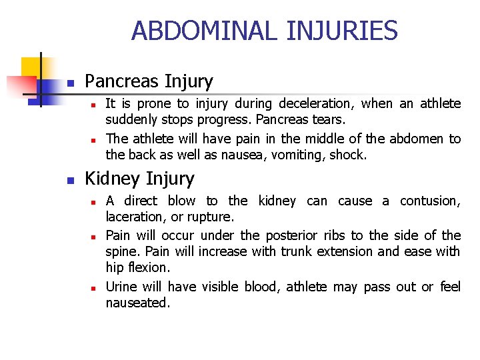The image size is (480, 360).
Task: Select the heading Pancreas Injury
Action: tap(149, 82)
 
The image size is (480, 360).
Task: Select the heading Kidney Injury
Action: tap(140, 179)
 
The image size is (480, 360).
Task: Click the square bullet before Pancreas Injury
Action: tap(70, 84)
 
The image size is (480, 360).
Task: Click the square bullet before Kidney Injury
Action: tap(70, 181)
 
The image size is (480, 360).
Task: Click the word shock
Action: tap(350, 155)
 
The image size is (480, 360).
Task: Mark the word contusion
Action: tap(430, 201)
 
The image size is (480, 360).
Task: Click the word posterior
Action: tap(291, 235)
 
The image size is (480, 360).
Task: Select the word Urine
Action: tap(121, 287)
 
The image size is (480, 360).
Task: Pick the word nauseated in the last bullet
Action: tap(137, 303)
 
